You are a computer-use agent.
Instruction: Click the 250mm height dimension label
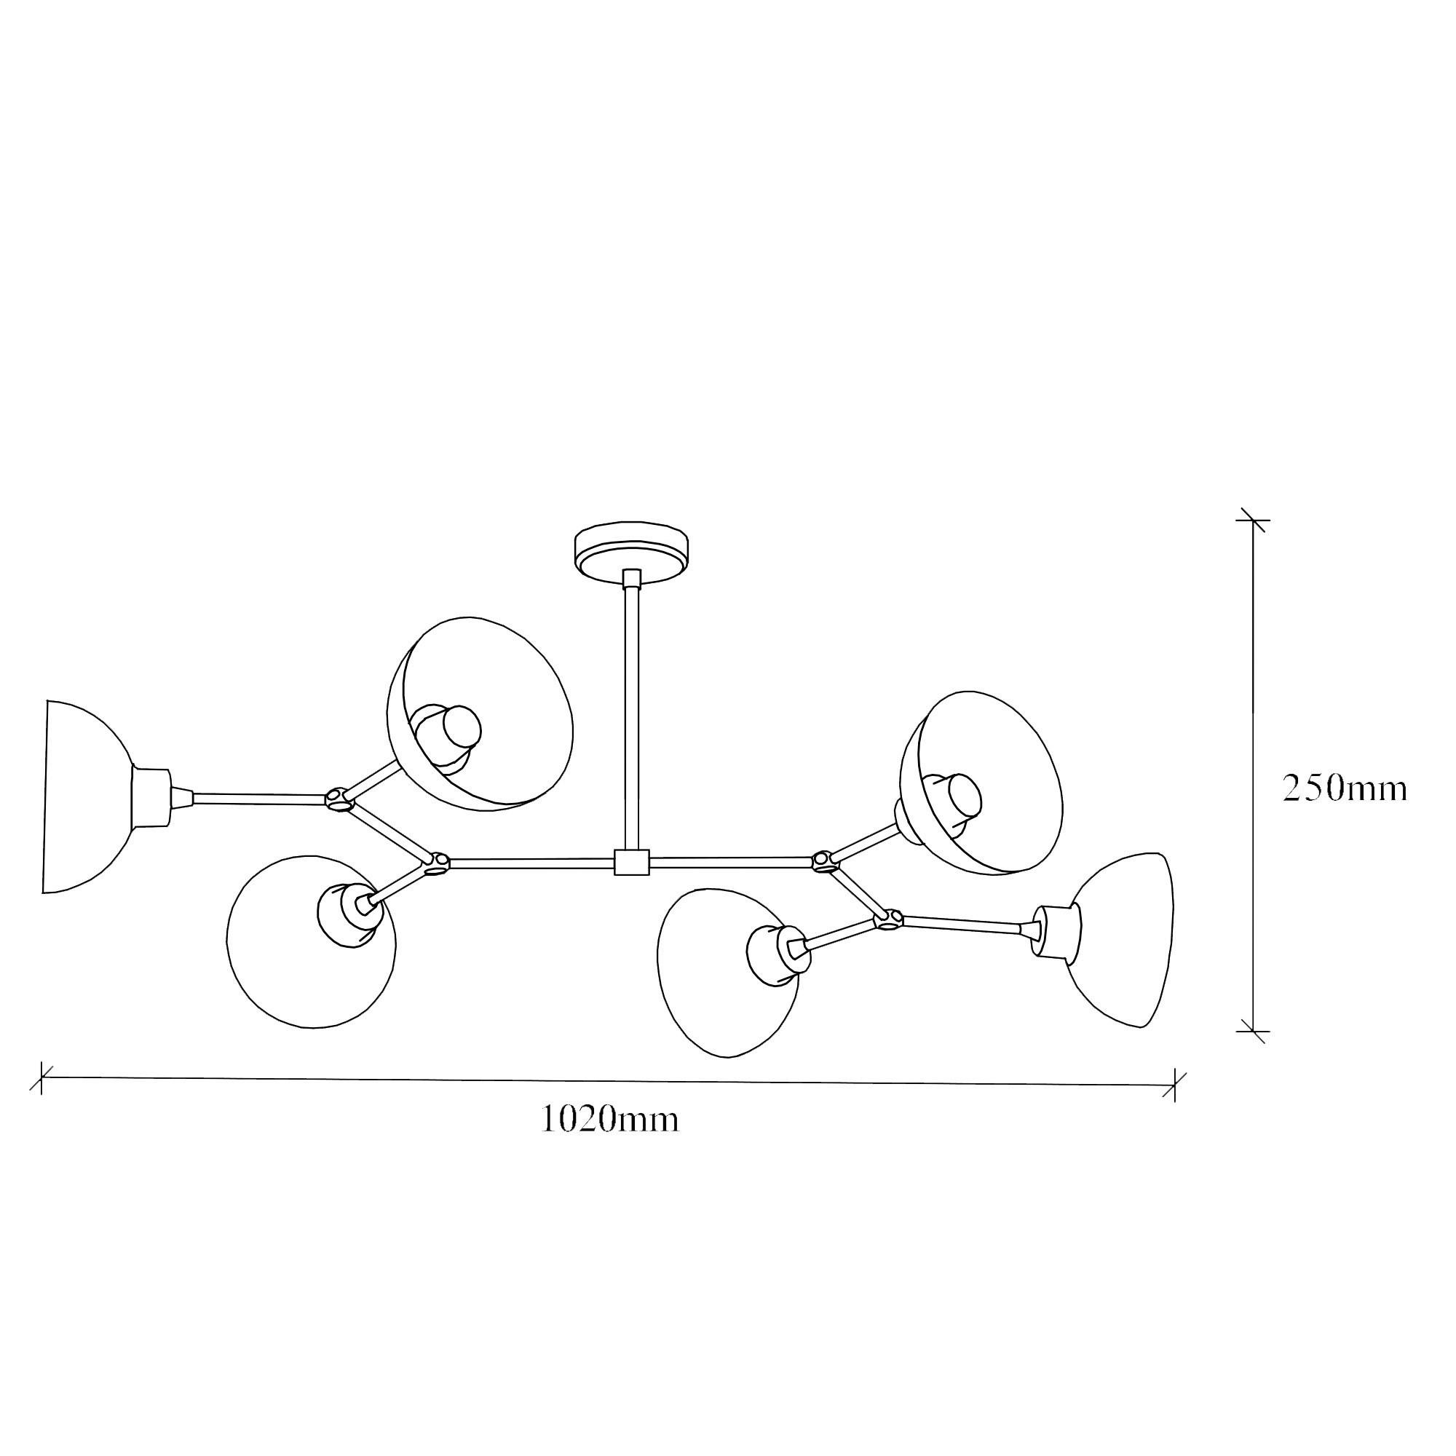pos(1345,789)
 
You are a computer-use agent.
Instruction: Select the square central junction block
pos(631,862)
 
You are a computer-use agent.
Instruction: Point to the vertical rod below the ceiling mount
pos(631,716)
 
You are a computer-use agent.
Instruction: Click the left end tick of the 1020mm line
pos(41,1078)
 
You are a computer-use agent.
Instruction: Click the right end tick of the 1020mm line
pos(1174,1085)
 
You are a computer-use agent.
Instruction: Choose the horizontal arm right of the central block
pos(731,859)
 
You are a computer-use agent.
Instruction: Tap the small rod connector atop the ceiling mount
pos(631,578)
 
